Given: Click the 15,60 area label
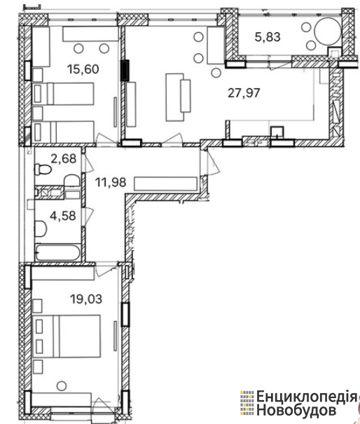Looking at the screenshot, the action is coord(83,69).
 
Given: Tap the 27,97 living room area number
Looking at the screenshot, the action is coord(244,93).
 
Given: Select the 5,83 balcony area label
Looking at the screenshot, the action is coord(268,36).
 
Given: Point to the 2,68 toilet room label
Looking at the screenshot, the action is coord(64,158).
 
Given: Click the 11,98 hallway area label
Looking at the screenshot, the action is coord(111,182).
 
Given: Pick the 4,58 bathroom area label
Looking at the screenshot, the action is coord(63,216).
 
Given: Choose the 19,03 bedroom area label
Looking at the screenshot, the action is coord(86,299).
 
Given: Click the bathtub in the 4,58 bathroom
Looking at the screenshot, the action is coord(57,252).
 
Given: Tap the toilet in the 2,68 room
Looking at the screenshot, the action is coord(43,170).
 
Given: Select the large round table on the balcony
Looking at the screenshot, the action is coord(328,32).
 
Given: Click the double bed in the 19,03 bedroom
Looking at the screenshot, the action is coord(67,336).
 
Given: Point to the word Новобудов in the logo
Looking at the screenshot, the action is coord(296,410).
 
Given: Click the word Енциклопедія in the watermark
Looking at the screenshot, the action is coord(307,397).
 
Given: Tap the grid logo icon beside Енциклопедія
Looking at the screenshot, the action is coord(247,403).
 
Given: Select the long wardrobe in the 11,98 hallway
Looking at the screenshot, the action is coord(165,184).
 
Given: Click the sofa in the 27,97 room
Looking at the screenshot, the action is coord(178,97).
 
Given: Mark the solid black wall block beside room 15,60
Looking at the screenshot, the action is coord(125,71).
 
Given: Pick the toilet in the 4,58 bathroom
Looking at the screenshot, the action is coord(41,228).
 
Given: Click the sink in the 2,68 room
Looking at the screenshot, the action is coord(72,180).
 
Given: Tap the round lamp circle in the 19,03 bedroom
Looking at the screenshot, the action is coord(62,385).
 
